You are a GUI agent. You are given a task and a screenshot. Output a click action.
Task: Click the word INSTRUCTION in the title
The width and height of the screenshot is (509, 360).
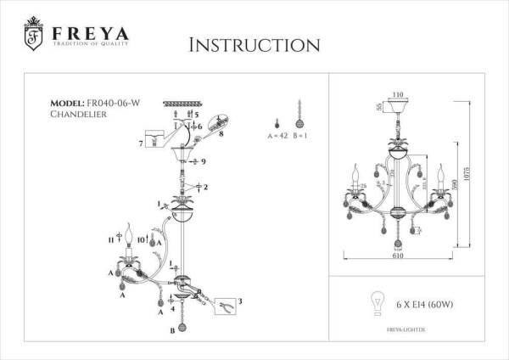click(254, 44)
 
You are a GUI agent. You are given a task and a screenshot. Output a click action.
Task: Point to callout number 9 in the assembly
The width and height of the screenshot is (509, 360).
click(204, 160)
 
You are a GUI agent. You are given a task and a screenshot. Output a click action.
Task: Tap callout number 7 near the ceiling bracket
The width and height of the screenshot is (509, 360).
click(142, 143)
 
